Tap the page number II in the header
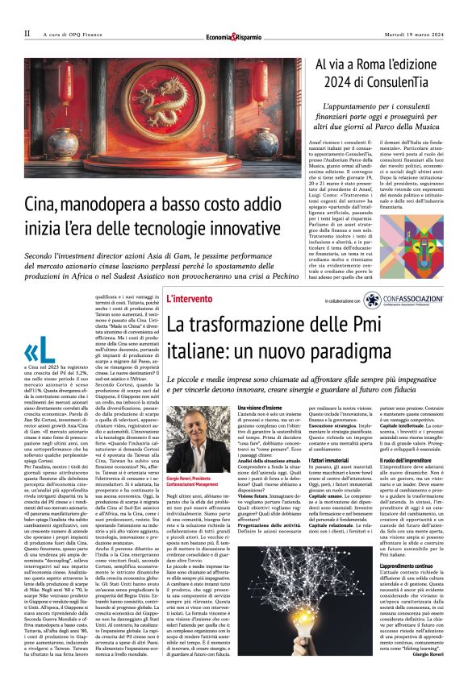coord(27,34)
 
